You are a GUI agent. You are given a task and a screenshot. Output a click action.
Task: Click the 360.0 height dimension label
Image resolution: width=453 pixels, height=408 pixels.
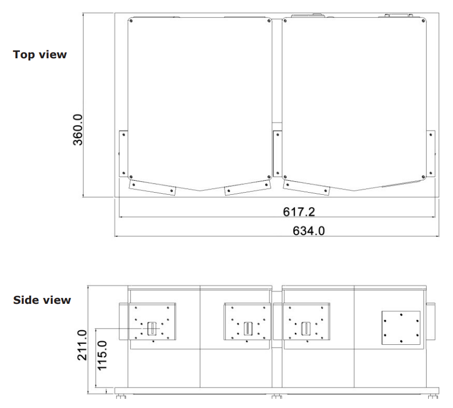[78, 130]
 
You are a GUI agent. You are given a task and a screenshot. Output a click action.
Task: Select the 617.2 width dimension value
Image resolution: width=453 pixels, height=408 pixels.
[299, 212]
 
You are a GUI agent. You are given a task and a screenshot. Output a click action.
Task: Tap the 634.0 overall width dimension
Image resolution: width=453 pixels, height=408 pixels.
[308, 230]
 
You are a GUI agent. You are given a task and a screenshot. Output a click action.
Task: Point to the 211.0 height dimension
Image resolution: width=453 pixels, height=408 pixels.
[82, 345]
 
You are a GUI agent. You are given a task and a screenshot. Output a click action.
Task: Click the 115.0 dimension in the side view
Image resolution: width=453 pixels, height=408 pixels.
[102, 356]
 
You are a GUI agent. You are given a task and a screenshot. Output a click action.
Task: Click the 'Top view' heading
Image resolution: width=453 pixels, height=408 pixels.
[40, 55]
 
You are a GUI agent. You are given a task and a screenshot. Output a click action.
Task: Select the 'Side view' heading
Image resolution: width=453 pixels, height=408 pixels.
[42, 300]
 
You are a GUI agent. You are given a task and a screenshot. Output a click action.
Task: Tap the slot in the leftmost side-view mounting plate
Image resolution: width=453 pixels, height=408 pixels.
[152, 329]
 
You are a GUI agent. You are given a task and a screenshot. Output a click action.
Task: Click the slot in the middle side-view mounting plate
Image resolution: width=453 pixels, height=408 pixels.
[248, 329]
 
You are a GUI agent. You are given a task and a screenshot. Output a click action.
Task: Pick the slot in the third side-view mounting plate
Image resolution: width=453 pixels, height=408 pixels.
[306, 329]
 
